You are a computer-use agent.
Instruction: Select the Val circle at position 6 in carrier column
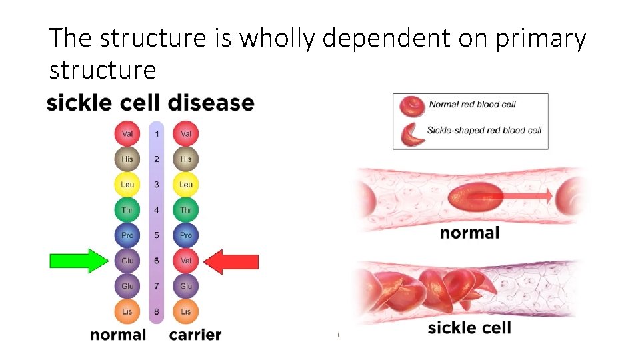[186, 261]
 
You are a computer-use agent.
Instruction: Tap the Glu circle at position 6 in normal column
[127, 261]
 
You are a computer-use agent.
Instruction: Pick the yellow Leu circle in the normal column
[127, 185]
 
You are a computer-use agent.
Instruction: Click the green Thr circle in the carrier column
[186, 210]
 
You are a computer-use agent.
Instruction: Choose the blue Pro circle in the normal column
[127, 235]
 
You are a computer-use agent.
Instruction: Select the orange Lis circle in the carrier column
[186, 311]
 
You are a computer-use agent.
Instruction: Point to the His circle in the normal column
[127, 159]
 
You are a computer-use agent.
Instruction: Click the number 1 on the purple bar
[157, 134]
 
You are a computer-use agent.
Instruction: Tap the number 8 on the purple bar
[157, 311]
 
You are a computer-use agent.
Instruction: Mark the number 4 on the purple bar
[157, 210]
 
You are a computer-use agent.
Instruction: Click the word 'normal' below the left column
[118, 335]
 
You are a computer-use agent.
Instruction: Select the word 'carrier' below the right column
[195, 335]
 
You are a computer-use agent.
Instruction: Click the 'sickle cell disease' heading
[151, 103]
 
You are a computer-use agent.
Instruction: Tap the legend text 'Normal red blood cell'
[473, 104]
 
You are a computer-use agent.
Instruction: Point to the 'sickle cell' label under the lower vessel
[469, 327]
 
